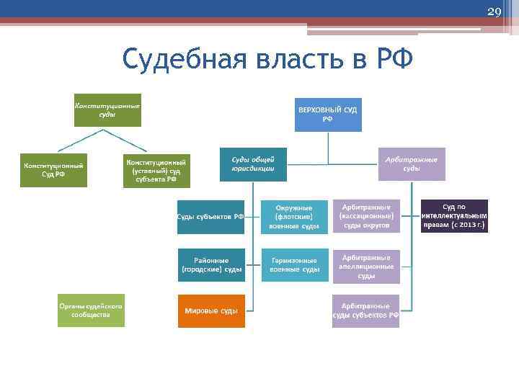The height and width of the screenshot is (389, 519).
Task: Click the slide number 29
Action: pos(494,12)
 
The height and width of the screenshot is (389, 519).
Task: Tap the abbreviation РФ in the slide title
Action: pos(394,58)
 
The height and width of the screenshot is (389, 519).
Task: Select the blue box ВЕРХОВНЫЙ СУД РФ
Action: pos(328,113)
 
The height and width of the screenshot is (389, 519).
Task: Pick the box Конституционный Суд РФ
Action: pos(53,170)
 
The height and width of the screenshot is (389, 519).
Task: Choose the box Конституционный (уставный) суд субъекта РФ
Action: pos(156,170)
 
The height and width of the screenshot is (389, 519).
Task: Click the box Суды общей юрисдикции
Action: pos(252,164)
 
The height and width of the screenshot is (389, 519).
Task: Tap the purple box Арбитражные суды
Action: pos(412,164)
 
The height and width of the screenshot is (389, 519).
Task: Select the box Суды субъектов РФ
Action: pos(211,216)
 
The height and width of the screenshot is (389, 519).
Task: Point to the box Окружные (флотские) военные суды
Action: pos(294,216)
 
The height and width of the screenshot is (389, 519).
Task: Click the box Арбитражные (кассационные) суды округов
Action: pos(365,216)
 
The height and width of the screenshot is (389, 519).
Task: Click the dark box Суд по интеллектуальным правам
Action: pos(454,216)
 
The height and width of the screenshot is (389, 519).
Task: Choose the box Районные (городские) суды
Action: pos(211,264)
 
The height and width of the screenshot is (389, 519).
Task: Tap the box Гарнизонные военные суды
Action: pos(294,264)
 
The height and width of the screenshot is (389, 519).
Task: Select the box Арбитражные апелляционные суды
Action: pos(365,266)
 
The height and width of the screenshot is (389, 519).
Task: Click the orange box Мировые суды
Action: pos(211,310)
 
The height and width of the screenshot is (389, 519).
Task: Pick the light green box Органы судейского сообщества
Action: pos(91,310)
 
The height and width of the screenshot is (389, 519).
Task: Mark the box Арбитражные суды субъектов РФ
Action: pos(365,310)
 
